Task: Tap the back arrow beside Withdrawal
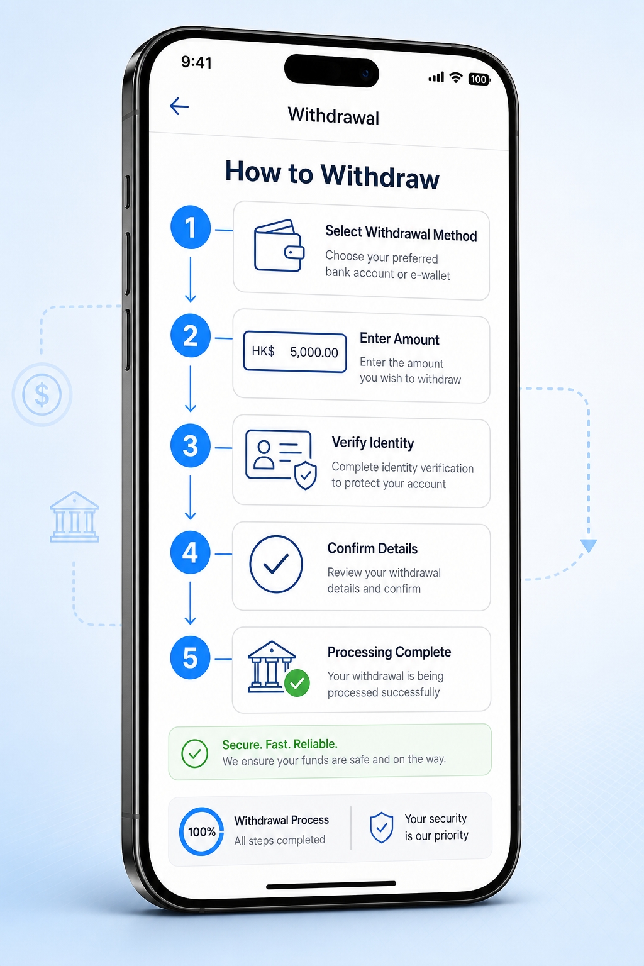coord(179,106)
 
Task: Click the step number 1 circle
coord(191,227)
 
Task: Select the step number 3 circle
coord(191,445)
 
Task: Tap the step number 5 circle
coord(190,658)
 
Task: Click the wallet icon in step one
coord(279,246)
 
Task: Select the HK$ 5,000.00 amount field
coord(295,352)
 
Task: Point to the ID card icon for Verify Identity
coord(280,460)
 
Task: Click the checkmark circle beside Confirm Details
coord(276,564)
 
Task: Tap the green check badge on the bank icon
coord(297,683)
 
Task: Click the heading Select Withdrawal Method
coord(401,233)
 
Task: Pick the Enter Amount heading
coord(399,339)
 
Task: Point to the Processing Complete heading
coord(389,652)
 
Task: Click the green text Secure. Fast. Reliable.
coord(280,745)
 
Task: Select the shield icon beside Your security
coord(382,828)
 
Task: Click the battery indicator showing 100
coord(479,79)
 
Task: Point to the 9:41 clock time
coord(196,62)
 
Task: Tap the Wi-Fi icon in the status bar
coord(456,77)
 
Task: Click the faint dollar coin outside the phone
coord(42,394)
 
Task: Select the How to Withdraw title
coord(332,174)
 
